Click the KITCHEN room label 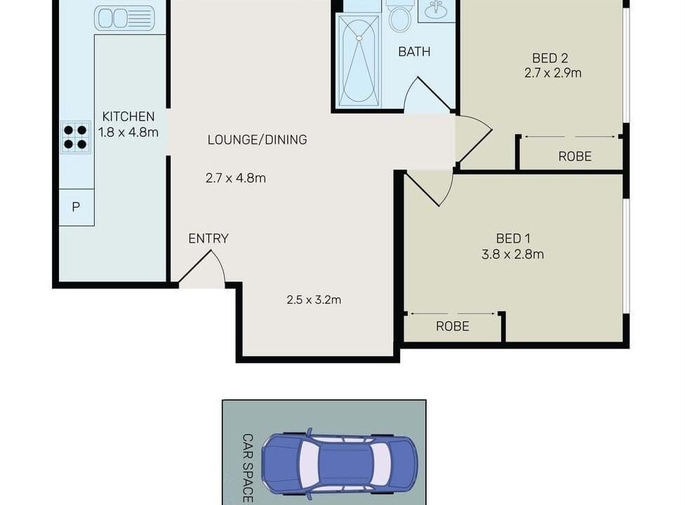click(x=128, y=116)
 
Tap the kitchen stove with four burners click(x=76, y=137)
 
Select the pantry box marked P click(x=77, y=208)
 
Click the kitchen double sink click(x=124, y=18)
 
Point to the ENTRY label click(x=208, y=238)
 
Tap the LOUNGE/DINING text click(x=258, y=140)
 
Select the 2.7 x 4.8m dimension click(x=236, y=178)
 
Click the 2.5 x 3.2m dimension click(x=314, y=300)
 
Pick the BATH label click(x=414, y=51)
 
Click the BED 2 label click(x=550, y=58)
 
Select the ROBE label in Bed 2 click(x=575, y=156)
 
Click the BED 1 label click(x=513, y=238)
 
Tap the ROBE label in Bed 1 click(x=453, y=326)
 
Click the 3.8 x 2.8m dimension click(x=512, y=254)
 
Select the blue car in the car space click(x=339, y=464)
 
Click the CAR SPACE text click(x=248, y=469)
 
